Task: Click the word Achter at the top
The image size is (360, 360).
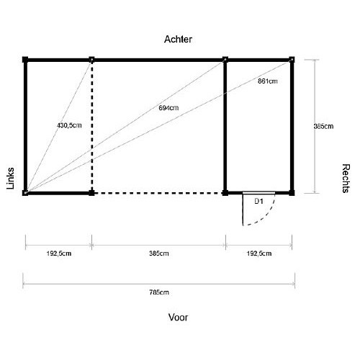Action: (178, 40)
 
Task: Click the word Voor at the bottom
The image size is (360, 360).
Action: (178, 318)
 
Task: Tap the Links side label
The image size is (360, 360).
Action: (10, 179)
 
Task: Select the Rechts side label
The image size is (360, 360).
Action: (346, 179)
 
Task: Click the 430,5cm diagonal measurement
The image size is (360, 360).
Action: (69, 125)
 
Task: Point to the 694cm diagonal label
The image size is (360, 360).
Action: (168, 108)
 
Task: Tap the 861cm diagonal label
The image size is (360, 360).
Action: (268, 81)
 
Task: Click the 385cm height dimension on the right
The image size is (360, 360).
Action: (323, 126)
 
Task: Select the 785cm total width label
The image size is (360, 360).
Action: (159, 292)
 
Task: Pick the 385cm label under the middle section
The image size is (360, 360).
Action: (159, 253)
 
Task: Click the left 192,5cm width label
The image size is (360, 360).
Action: (59, 253)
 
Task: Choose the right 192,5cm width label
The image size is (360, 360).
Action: (259, 253)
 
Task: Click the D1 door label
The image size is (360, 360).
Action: (258, 201)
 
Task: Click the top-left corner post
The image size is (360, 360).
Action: (25, 60)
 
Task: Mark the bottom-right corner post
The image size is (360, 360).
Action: (292, 193)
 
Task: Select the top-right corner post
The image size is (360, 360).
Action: (292, 60)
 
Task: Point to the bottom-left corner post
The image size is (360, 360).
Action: (25, 193)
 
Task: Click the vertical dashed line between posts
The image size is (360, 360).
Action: (91, 126)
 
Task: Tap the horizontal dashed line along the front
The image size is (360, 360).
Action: (158, 193)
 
